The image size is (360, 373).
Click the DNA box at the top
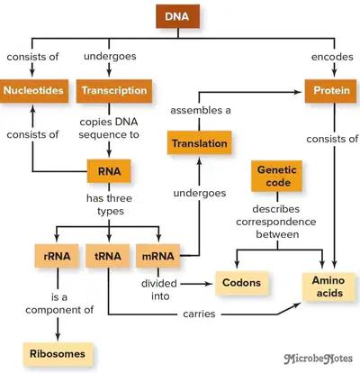pos(177,16)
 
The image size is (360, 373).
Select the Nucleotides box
pos(34,91)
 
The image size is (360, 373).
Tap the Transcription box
pos(114,91)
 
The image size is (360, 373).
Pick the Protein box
pos(331,91)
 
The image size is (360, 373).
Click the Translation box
pos(200,143)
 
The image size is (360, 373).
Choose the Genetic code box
pos(276,176)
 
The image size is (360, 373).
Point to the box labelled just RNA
pos(109,171)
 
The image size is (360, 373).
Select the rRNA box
pos(57,256)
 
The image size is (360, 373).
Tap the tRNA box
pos(108,256)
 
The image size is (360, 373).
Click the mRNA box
pos(158,256)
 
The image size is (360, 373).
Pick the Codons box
pos(242,283)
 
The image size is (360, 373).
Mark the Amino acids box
pos(329,287)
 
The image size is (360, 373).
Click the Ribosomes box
pos(58,354)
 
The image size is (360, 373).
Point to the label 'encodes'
pos(332,57)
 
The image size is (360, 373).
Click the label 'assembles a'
pos(201,111)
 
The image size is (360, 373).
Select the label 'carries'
pos(199,314)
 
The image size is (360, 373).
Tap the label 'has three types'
pos(110,205)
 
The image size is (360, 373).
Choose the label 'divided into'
pos(159,290)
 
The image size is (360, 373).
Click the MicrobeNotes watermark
pos(319,359)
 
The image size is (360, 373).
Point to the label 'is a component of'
pos(59,304)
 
